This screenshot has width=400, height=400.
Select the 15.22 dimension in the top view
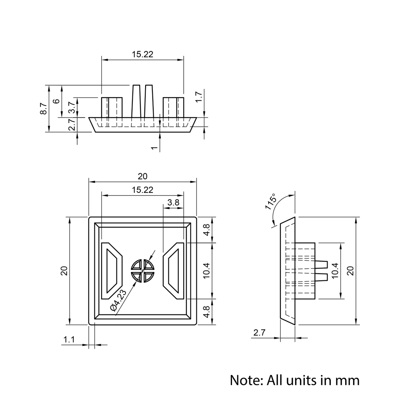tap(142, 54)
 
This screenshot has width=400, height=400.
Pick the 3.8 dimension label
tap(173, 202)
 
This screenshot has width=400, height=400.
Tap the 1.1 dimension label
tap(69, 340)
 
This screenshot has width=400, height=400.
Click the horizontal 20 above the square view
tap(142, 176)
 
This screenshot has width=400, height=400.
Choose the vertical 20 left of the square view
tap(64, 271)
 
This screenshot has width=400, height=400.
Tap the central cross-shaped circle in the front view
tap(143, 271)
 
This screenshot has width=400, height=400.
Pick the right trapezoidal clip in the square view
tap(174, 271)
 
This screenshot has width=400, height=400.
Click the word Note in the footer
tap(244, 380)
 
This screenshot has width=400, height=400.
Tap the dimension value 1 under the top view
tap(154, 148)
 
